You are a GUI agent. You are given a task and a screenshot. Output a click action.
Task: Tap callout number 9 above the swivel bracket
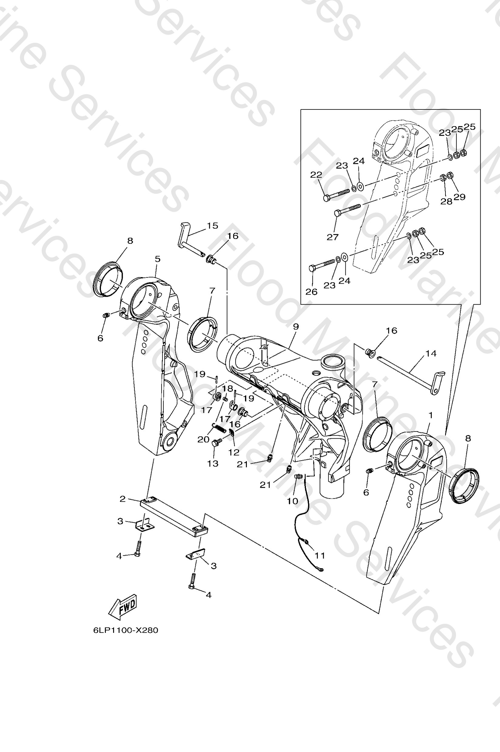click(x=296, y=326)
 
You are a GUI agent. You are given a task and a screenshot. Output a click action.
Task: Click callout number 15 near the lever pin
click(x=212, y=226)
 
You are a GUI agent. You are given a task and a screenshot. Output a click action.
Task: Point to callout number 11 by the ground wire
click(x=320, y=556)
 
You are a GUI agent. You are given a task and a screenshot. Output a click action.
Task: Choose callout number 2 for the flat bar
click(x=123, y=499)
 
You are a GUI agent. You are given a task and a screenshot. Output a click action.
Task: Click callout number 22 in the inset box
click(x=316, y=175)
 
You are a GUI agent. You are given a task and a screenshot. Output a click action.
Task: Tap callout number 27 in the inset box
click(x=332, y=237)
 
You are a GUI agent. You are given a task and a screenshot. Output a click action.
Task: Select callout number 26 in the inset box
click(x=311, y=292)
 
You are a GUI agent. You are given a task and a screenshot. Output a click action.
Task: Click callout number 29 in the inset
click(x=459, y=197)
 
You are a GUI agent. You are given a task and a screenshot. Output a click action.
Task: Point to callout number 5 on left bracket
click(x=158, y=259)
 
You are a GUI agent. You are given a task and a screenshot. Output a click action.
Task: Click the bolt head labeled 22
click(x=327, y=198)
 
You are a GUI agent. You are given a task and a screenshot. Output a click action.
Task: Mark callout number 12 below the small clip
click(x=234, y=452)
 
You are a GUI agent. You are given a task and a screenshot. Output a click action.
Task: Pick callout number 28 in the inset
click(x=446, y=201)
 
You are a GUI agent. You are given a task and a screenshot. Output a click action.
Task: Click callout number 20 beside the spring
click(x=203, y=439)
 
